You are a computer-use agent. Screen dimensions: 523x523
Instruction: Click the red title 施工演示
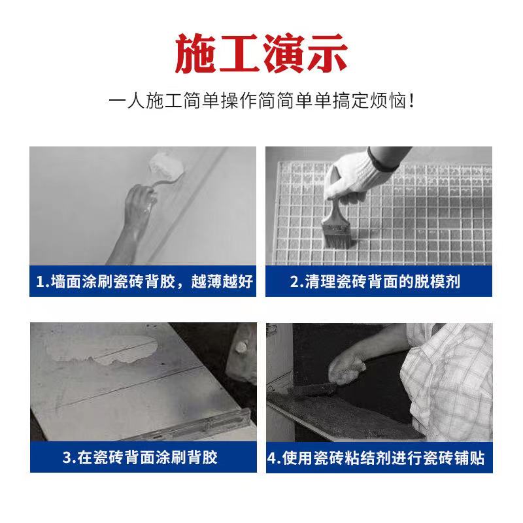[x=261, y=54]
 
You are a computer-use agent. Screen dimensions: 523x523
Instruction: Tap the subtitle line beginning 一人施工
[x=261, y=102]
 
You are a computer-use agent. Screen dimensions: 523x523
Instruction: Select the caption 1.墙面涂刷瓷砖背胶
[x=143, y=282]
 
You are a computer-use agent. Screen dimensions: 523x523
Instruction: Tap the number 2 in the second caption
[x=295, y=282]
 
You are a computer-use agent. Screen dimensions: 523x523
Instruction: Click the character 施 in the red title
[x=195, y=54]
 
